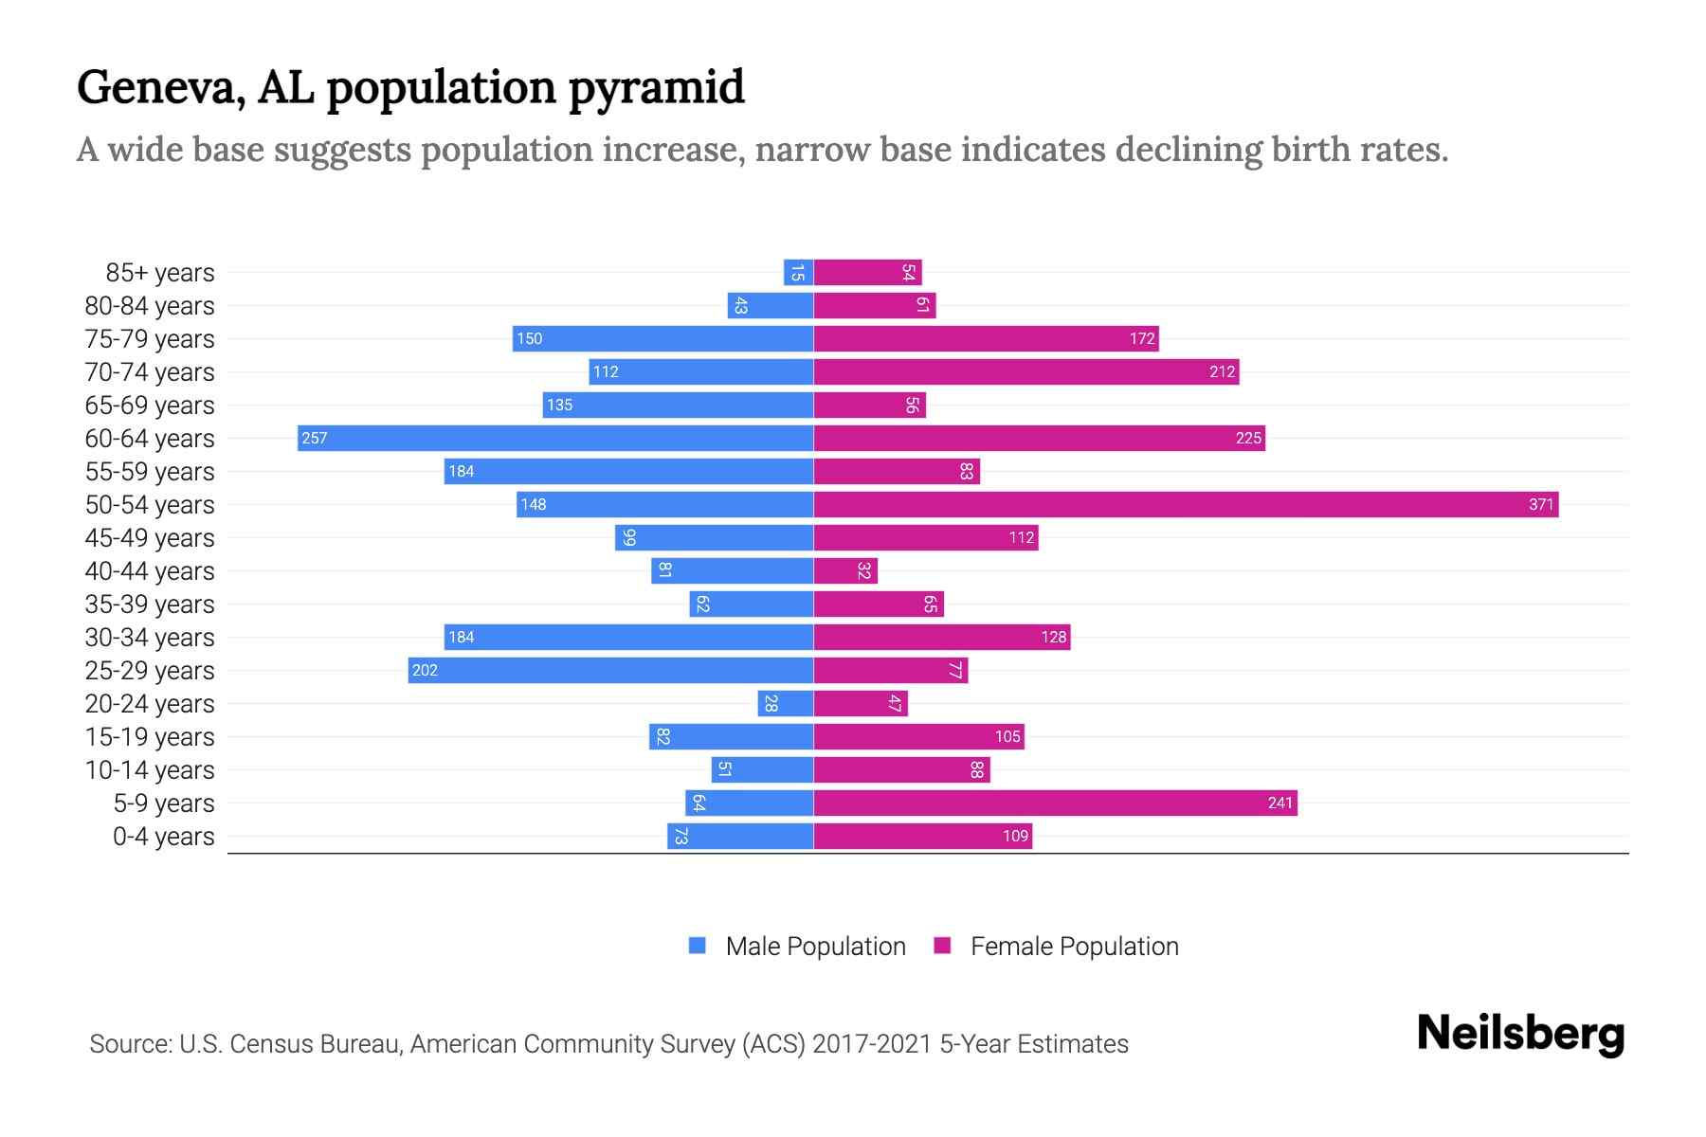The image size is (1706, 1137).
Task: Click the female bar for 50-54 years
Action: [x=1185, y=504]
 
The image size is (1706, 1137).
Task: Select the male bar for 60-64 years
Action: [x=555, y=438]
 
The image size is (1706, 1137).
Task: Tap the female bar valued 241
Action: [x=1055, y=803]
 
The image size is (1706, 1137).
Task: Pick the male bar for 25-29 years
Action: [x=610, y=670]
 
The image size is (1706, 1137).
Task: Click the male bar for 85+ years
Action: [x=798, y=272]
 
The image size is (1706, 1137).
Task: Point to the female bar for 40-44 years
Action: [x=845, y=570]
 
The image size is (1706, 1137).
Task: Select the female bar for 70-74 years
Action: [x=1025, y=371]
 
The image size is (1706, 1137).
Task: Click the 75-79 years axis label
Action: [x=150, y=338]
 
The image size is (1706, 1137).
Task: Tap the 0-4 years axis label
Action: [x=163, y=836]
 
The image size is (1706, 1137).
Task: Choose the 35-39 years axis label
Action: [x=150, y=604]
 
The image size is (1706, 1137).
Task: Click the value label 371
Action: [x=1541, y=504]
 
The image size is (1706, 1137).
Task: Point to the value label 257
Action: [x=314, y=438]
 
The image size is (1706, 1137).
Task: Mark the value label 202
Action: [x=425, y=670]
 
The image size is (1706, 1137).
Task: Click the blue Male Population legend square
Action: [x=698, y=946]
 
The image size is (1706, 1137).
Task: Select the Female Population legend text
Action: [x=1074, y=946]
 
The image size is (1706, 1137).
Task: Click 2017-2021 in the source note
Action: [x=872, y=1043]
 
